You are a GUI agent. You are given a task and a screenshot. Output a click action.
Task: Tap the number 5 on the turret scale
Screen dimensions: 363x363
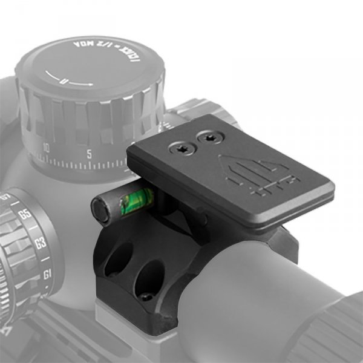89,154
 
